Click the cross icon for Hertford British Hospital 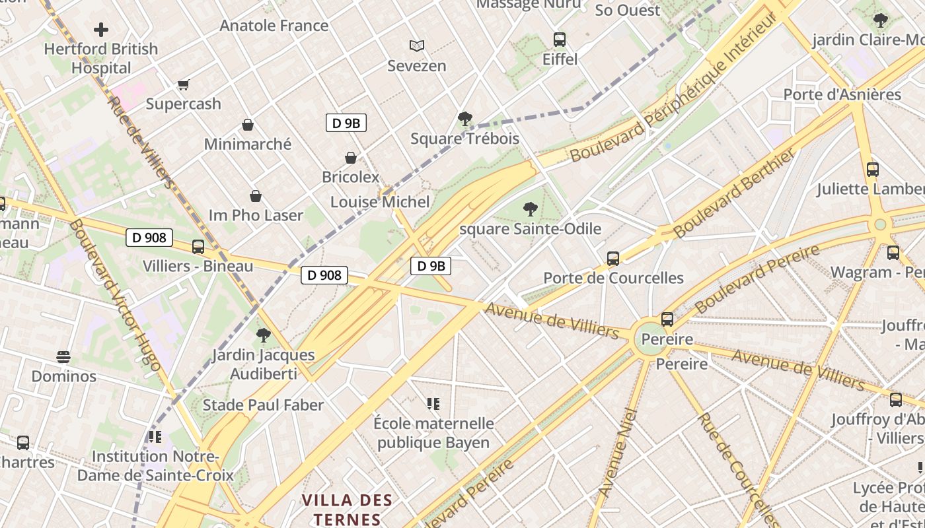click(101, 30)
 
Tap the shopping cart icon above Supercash click(183, 84)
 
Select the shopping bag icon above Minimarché click(248, 125)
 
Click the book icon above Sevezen click(416, 46)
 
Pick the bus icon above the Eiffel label click(560, 39)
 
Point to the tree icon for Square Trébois click(464, 119)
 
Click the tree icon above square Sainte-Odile click(530, 209)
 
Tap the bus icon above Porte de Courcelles click(613, 258)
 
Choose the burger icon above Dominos click(63, 357)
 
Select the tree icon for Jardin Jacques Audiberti click(263, 335)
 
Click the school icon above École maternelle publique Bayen click(433, 403)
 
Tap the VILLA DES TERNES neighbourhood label click(347, 510)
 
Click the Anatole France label click(274, 26)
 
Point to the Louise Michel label click(380, 202)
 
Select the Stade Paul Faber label click(263, 405)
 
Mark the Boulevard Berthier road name click(734, 194)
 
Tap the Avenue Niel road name click(618, 453)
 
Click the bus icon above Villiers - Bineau click(198, 247)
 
